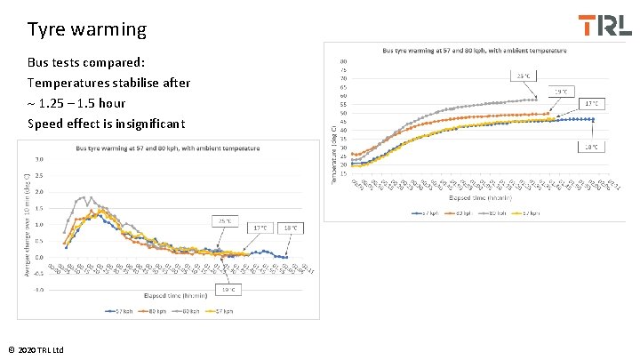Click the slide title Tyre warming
(x=87, y=29)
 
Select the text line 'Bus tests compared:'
(x=86, y=63)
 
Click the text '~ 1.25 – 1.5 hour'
(x=84, y=102)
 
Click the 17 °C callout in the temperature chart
(x=593, y=103)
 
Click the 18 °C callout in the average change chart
(x=291, y=228)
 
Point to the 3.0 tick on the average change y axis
(x=39, y=160)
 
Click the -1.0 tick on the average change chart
(x=39, y=290)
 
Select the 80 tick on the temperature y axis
(x=343, y=61)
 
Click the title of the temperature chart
(x=466, y=50)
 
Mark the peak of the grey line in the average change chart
(x=83, y=197)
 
